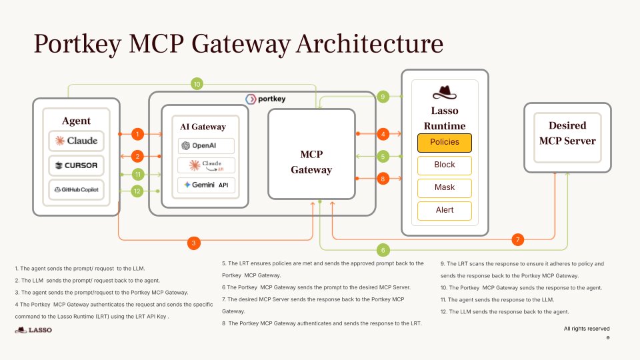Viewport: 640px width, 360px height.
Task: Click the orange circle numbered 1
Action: (137, 134)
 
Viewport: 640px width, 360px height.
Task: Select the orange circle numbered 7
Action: (518, 239)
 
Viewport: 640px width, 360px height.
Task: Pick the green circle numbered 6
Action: (383, 250)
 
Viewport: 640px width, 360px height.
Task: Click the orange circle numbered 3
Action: (193, 243)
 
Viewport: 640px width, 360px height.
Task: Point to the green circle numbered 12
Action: (137, 191)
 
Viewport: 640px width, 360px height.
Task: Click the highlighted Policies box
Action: (444, 142)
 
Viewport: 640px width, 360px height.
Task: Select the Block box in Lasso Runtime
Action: (444, 165)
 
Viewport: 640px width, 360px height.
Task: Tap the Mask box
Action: (444, 187)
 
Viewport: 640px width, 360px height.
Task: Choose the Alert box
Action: (444, 210)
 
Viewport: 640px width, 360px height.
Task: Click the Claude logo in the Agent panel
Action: (76, 141)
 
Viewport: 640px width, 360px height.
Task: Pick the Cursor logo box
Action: (76, 165)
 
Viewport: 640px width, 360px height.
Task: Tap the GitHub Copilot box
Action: (76, 190)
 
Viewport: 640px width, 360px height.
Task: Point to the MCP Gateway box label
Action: (311, 162)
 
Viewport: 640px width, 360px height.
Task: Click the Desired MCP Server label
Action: (567, 133)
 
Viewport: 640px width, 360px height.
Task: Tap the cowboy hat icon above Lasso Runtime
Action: (444, 93)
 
